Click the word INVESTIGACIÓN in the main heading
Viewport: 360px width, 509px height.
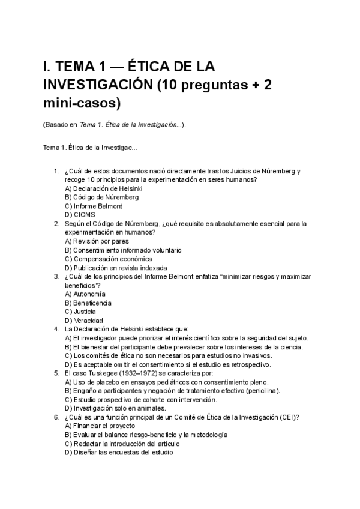click(x=97, y=85)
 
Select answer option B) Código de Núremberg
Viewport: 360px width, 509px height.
click(x=101, y=197)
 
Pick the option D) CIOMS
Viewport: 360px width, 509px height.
click(x=80, y=214)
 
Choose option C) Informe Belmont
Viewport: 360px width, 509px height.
click(x=93, y=206)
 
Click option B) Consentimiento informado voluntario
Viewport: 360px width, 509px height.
click(x=123, y=250)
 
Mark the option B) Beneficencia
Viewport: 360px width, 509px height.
click(x=88, y=303)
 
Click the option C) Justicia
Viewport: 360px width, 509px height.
click(x=80, y=312)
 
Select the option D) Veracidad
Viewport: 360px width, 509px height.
click(x=83, y=321)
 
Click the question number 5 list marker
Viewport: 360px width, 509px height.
click(x=56, y=373)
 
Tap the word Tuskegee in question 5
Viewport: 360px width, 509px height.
click(x=104, y=373)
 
